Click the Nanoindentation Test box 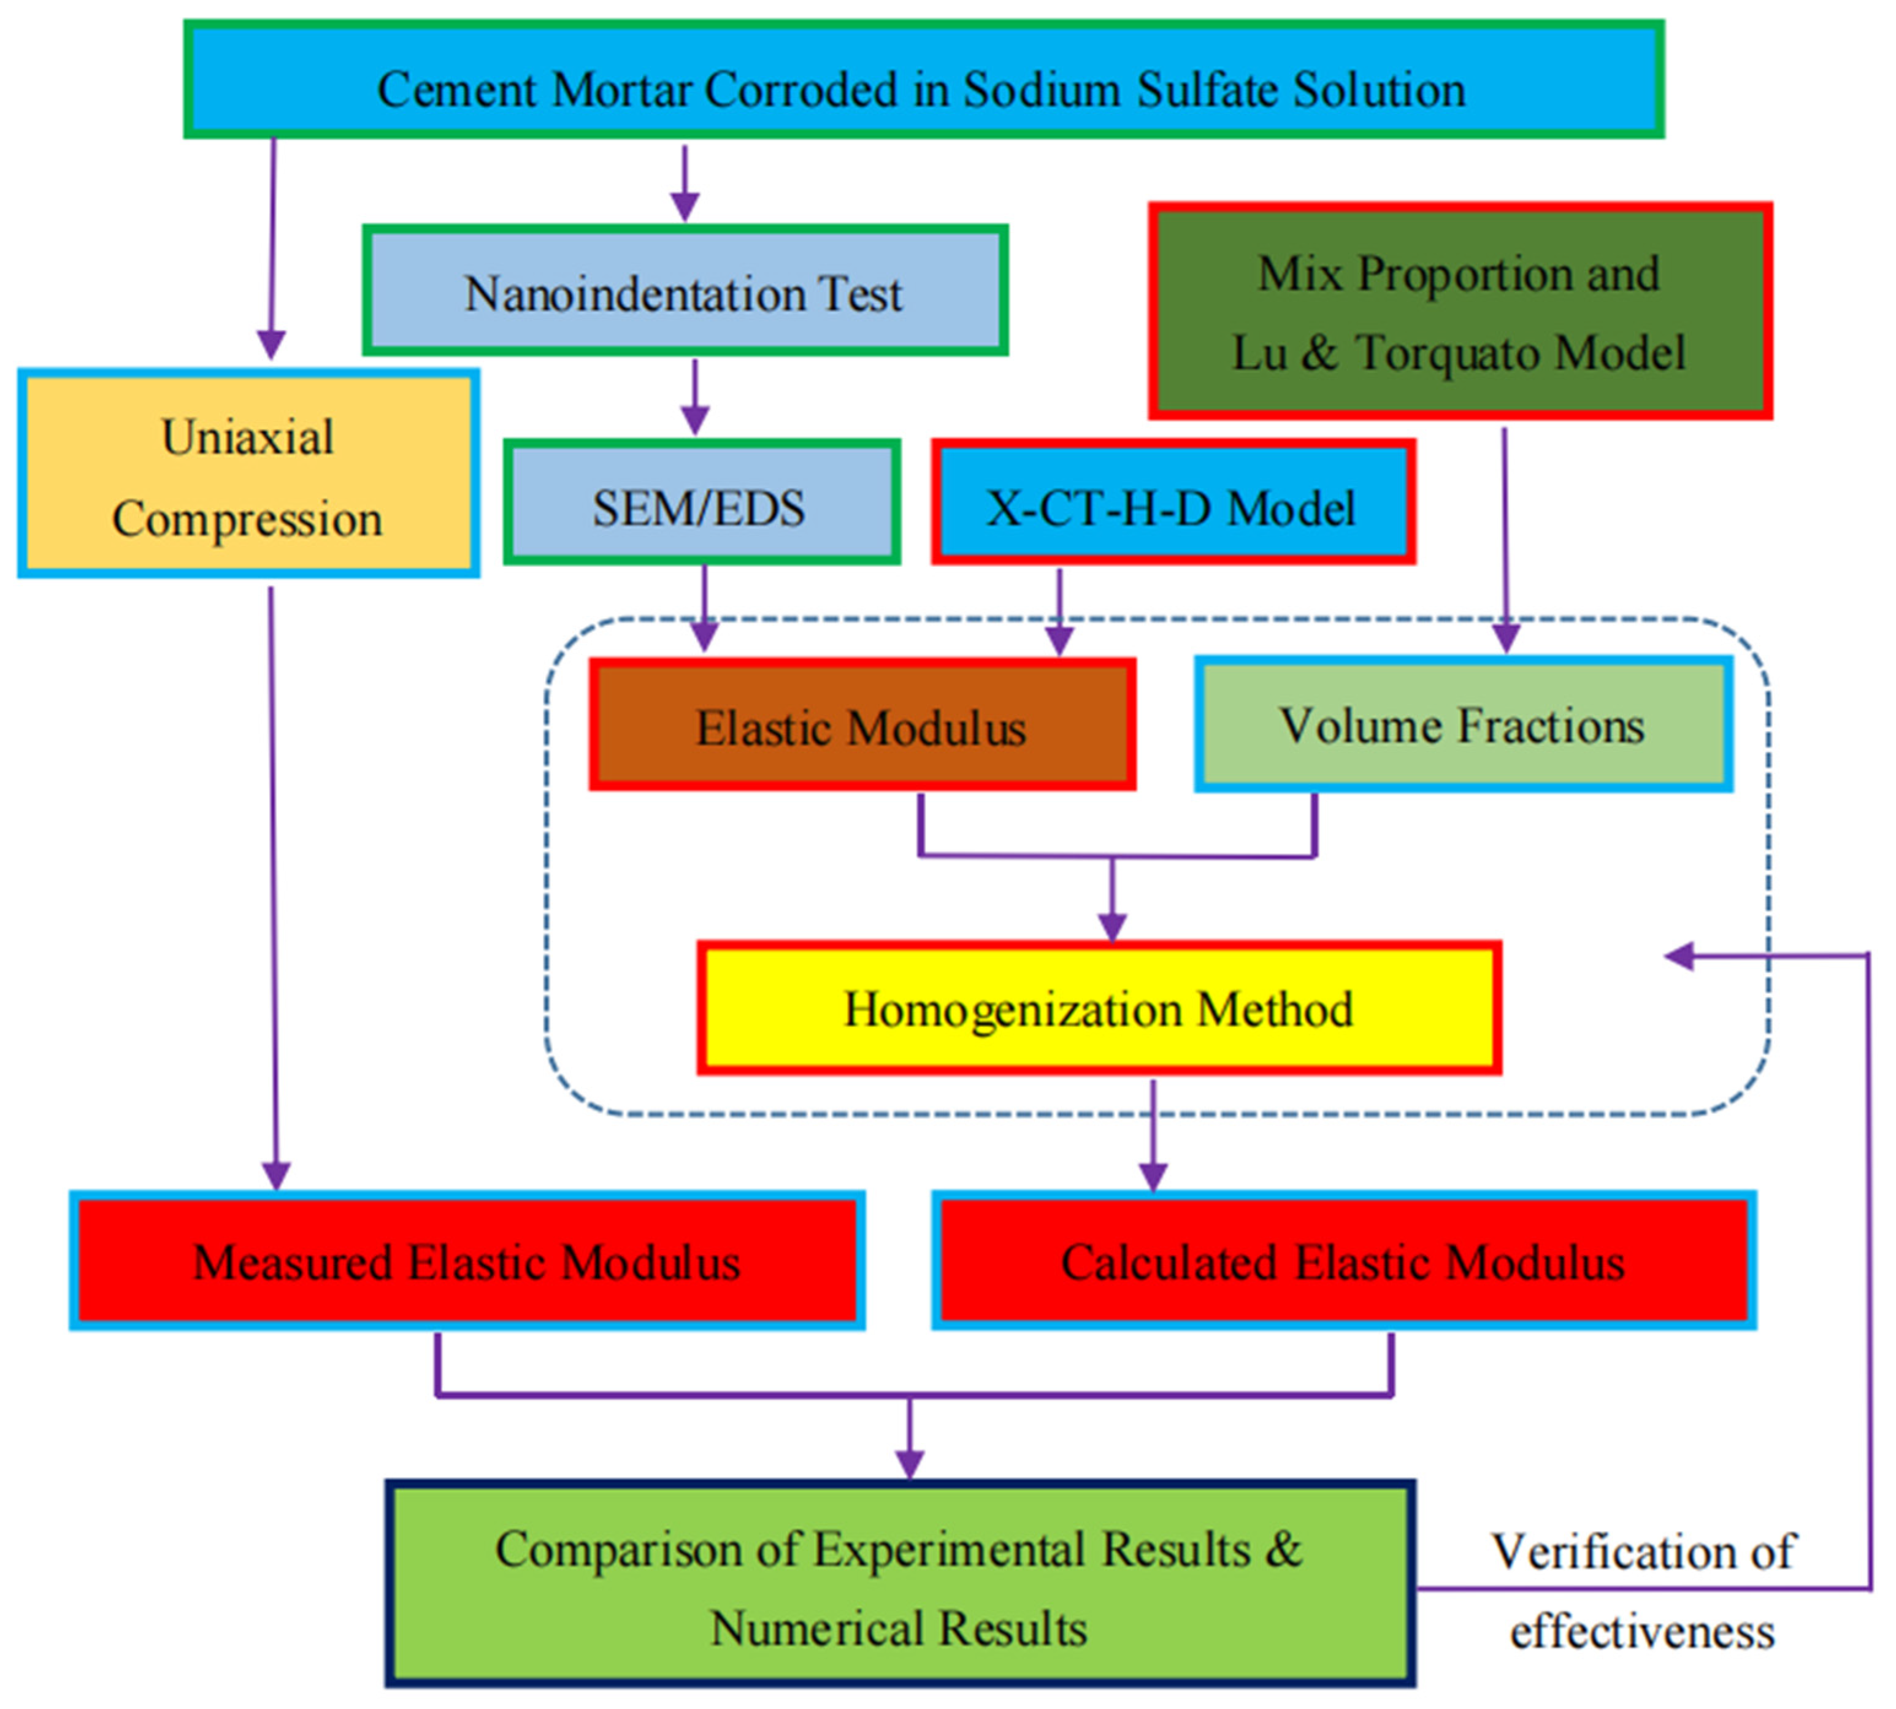pos(685,292)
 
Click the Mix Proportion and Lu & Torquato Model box pos(1459,312)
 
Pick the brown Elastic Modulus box pos(861,726)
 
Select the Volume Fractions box pos(1462,725)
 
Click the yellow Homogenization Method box pos(1098,1008)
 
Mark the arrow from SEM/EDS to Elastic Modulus pos(704,610)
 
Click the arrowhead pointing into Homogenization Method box pos(1112,927)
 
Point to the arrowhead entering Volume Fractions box pos(1505,639)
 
